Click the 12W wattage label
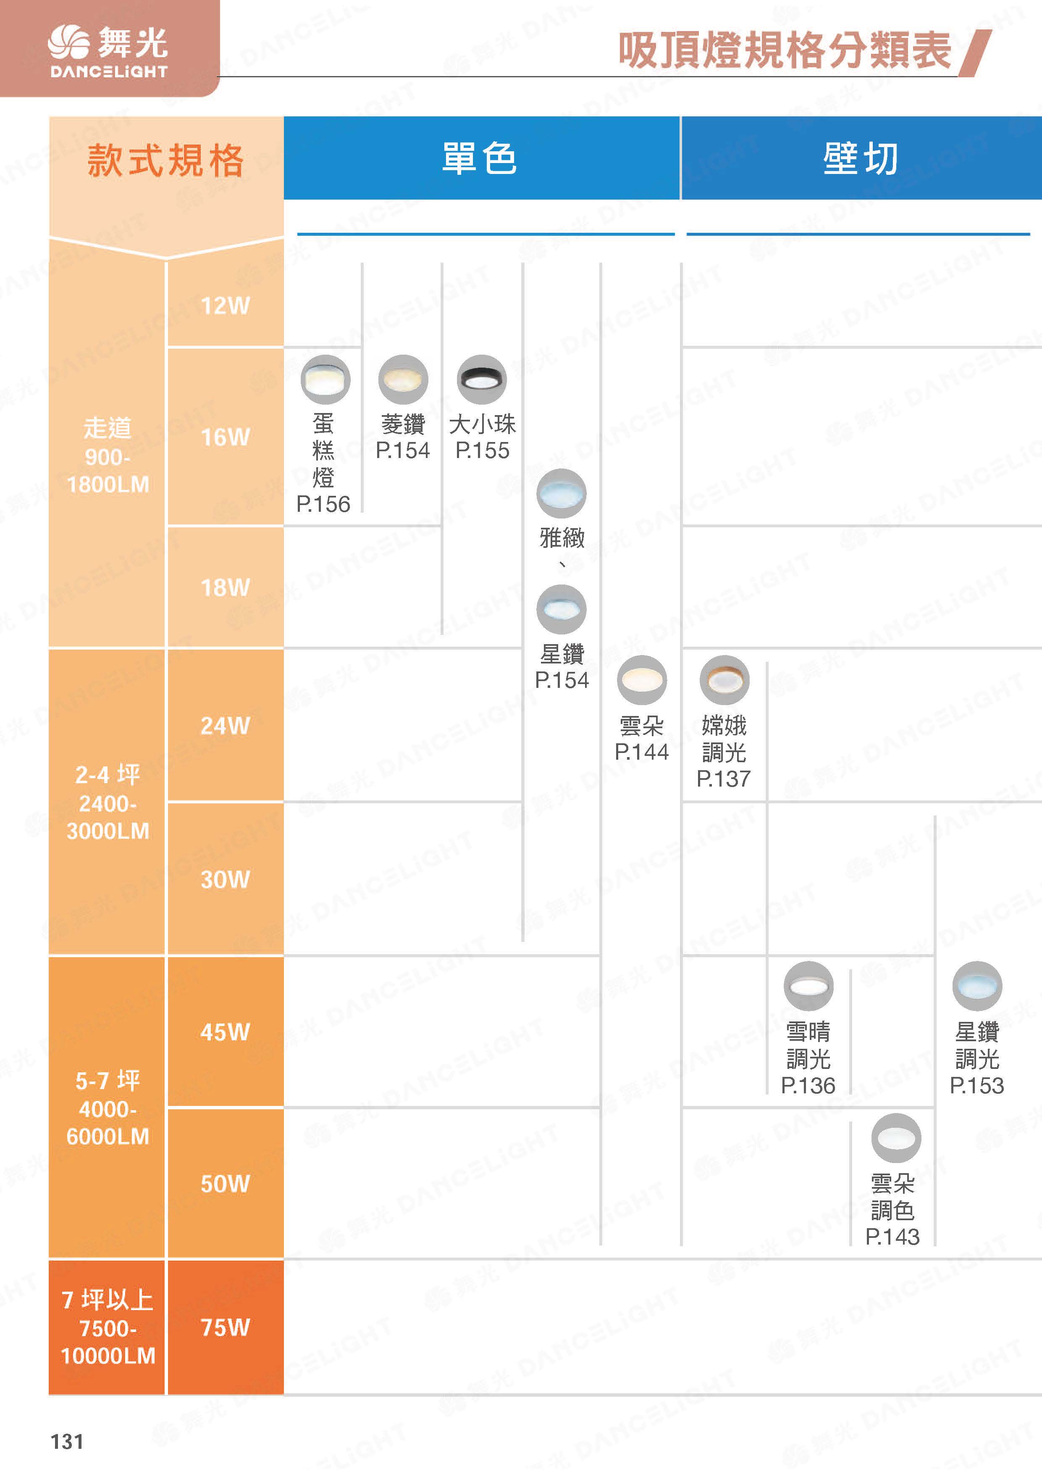tap(225, 305)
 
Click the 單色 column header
tap(480, 158)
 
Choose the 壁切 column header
tap(861, 158)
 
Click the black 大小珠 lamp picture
tap(482, 379)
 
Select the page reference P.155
tap(483, 451)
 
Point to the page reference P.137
tap(724, 779)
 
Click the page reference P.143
tap(892, 1237)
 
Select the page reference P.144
tap(642, 752)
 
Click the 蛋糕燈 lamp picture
tap(325, 379)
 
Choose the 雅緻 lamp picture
tap(562, 493)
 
